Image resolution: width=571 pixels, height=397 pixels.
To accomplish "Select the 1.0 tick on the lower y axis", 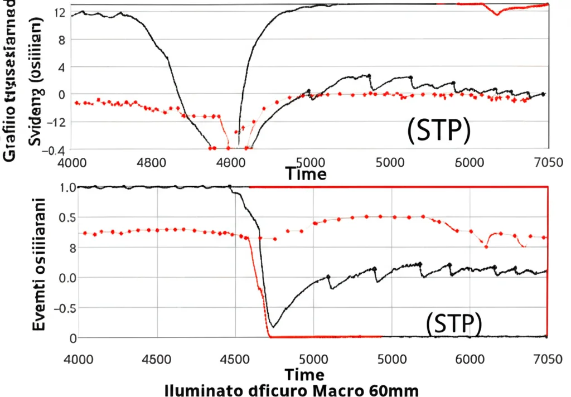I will [x=66, y=187].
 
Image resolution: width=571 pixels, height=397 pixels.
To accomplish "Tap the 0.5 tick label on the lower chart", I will [x=66, y=217].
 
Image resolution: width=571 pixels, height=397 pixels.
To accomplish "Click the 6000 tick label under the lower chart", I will [x=468, y=359].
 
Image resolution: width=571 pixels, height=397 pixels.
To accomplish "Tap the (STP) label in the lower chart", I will [x=453, y=324].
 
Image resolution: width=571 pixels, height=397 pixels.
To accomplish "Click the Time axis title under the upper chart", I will [x=306, y=174].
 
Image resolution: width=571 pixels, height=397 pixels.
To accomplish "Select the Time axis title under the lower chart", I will [x=304, y=373].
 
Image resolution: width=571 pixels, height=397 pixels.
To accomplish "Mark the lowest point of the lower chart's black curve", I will [x=272, y=326].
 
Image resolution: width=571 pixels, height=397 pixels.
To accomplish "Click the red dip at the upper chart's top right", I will [x=497, y=14].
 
